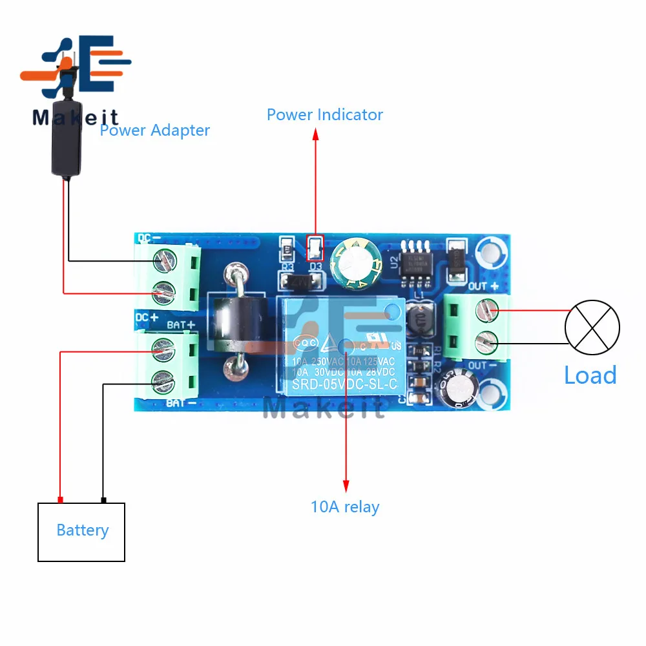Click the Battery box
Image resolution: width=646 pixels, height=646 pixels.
(x=81, y=532)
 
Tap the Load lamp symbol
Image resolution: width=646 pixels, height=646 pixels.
(x=592, y=328)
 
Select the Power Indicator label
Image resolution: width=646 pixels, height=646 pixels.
(x=324, y=115)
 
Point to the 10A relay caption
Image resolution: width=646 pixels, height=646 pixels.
(x=345, y=507)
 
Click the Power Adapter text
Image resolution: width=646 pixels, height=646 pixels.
(x=155, y=130)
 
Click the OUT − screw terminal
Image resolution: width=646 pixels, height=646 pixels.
(x=488, y=339)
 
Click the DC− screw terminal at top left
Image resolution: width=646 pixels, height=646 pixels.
(x=163, y=260)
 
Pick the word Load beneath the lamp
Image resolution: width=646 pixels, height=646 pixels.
(x=590, y=375)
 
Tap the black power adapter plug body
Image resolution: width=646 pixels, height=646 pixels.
(x=66, y=138)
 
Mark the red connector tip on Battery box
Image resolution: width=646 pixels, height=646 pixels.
(x=60, y=500)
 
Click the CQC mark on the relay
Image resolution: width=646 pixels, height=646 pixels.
(x=305, y=343)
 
